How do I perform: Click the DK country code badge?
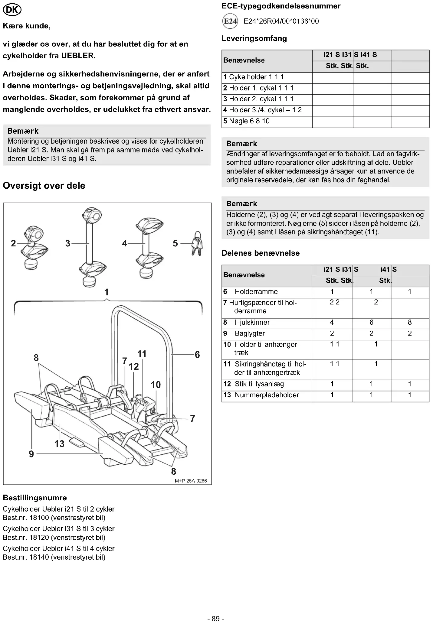(12, 10)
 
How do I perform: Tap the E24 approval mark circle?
(230, 21)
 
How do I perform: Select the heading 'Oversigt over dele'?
(44, 186)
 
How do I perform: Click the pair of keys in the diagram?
(197, 243)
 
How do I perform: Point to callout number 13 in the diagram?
(59, 444)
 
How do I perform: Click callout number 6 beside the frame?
(197, 355)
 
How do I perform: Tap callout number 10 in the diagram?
(156, 385)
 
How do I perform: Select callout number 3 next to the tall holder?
(68, 243)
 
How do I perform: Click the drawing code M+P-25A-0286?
(191, 481)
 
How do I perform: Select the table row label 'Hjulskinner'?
(252, 322)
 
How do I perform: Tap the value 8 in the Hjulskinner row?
(410, 322)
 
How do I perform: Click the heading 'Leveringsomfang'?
(254, 38)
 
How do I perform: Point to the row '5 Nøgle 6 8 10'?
(246, 121)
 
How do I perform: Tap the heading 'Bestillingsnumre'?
(35, 498)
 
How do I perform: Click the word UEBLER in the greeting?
(78, 56)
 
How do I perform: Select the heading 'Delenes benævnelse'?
(261, 253)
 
